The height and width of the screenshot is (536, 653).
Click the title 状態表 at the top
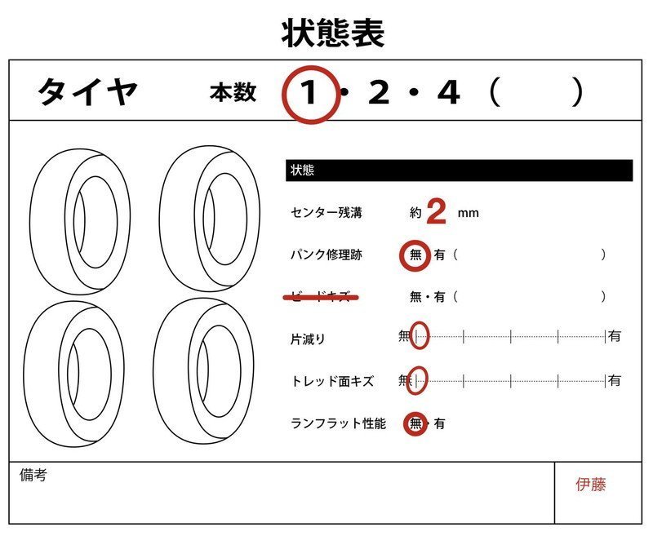pos(332,34)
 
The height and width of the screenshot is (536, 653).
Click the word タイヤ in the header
pos(88,93)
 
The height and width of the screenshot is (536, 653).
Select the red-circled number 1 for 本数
pos(309,94)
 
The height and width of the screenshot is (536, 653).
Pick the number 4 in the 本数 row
pos(448,94)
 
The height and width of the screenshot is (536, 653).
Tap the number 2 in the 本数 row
pos(379,94)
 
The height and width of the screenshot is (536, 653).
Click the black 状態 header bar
pos(459,171)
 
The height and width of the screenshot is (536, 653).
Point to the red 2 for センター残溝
pos(437,213)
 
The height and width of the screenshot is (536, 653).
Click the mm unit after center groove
pos(468,214)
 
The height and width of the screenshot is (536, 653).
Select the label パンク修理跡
pos(326,255)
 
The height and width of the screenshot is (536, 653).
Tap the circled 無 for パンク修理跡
pos(415,255)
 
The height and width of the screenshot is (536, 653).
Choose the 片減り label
pos(308,338)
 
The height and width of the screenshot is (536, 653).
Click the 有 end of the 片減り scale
pos(614,336)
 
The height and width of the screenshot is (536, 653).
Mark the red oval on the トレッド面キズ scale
pos(420,379)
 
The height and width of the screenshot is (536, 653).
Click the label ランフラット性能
pos(337,423)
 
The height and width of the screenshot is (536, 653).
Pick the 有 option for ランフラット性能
pos(440,423)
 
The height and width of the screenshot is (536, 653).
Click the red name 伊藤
pos(590,485)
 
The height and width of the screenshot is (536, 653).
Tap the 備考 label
pos(33,475)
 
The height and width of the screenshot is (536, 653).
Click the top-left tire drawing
pos(79,219)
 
